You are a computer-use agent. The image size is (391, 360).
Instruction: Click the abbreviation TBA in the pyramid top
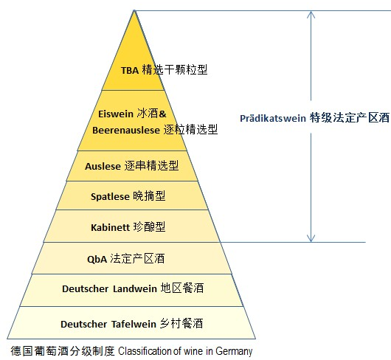pyautogui.click(x=130, y=70)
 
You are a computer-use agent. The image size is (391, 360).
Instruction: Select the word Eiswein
pyautogui.click(x=116, y=114)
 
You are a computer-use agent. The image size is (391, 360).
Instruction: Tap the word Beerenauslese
pyautogui.click(x=126, y=130)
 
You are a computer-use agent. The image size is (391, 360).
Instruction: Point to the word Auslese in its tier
pyautogui.click(x=103, y=166)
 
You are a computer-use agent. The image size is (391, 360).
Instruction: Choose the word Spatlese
pyautogui.click(x=110, y=197)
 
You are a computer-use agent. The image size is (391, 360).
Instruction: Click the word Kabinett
pyautogui.click(x=110, y=227)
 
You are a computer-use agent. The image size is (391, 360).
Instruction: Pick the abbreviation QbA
pyautogui.click(x=97, y=259)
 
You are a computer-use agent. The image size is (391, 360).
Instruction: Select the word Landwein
pyautogui.click(x=135, y=288)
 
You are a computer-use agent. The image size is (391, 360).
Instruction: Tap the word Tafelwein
pyautogui.click(x=134, y=324)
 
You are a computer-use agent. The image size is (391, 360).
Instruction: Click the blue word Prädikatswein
pyautogui.click(x=273, y=118)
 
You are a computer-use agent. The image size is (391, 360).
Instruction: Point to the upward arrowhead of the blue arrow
pyautogui.click(x=311, y=14)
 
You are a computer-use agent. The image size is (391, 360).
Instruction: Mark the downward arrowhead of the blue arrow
pyautogui.click(x=311, y=238)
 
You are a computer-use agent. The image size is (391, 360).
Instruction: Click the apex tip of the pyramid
pyautogui.click(x=134, y=11)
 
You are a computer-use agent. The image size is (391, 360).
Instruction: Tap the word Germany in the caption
pyautogui.click(x=234, y=351)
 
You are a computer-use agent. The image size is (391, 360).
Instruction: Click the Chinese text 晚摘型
pyautogui.click(x=149, y=196)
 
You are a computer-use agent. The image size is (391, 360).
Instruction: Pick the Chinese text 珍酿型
pyautogui.click(x=149, y=227)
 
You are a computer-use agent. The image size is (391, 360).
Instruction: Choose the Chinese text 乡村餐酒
pyautogui.click(x=181, y=323)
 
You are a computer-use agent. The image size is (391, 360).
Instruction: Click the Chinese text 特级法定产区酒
pyautogui.click(x=350, y=118)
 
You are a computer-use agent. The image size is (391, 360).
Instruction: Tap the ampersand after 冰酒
pyautogui.click(x=162, y=114)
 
